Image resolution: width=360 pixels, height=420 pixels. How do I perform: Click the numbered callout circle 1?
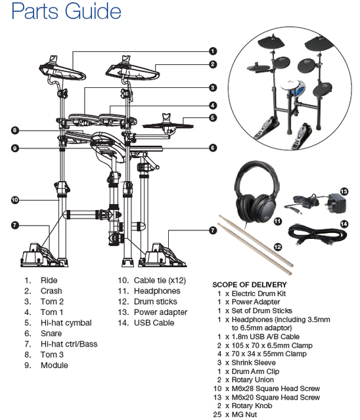(x=213, y=51)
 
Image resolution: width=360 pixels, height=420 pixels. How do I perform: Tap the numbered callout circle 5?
(x=213, y=117)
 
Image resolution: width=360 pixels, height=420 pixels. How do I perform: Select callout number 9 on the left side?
(x=15, y=148)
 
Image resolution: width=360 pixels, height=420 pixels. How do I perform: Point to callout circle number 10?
(x=15, y=199)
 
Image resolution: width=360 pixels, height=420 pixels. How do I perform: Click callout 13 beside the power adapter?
(x=344, y=192)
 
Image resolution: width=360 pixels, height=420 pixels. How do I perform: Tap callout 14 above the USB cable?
(x=344, y=224)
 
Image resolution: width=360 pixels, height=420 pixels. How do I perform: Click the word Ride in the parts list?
(x=49, y=280)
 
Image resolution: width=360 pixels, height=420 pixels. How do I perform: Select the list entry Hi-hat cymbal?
(x=66, y=323)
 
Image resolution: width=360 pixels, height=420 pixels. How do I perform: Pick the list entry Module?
(x=54, y=366)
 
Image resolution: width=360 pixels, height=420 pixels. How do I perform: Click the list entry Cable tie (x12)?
(x=160, y=280)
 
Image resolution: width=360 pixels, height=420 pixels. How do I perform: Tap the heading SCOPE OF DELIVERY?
(x=250, y=285)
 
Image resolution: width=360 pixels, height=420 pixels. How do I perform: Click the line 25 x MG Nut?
(x=235, y=414)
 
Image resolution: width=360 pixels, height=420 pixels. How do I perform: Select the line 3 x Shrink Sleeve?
(x=246, y=363)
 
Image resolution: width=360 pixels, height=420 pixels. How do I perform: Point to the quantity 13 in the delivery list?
(x=217, y=397)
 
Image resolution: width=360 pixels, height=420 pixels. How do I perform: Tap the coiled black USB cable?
(x=317, y=236)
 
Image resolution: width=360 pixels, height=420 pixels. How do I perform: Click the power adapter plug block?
(x=338, y=203)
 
